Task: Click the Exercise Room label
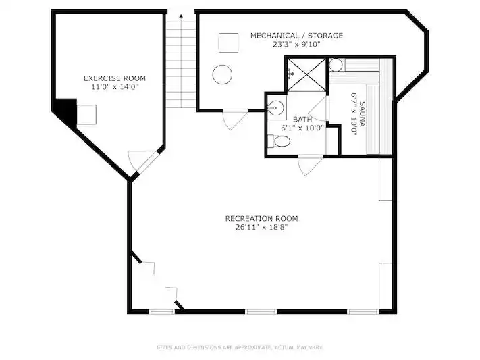coord(115,78)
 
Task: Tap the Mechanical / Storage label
coord(296,36)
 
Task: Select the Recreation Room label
coord(262,218)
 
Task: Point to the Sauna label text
coord(362,114)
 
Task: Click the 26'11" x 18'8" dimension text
coord(262,228)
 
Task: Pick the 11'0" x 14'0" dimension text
coord(115,87)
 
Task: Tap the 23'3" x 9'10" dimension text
coord(296,45)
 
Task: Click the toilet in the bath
coord(279,141)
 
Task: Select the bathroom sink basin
coord(276,107)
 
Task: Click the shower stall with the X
coord(306,75)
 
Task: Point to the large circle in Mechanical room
coord(222,74)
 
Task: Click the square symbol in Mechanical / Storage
coord(228,43)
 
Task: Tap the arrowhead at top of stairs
coord(181,16)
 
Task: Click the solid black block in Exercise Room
coord(65,111)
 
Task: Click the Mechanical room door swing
coord(234,120)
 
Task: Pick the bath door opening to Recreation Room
coord(311,165)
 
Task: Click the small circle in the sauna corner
coord(336,65)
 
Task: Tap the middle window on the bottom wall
coord(261,312)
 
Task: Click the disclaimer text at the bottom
coord(240,347)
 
